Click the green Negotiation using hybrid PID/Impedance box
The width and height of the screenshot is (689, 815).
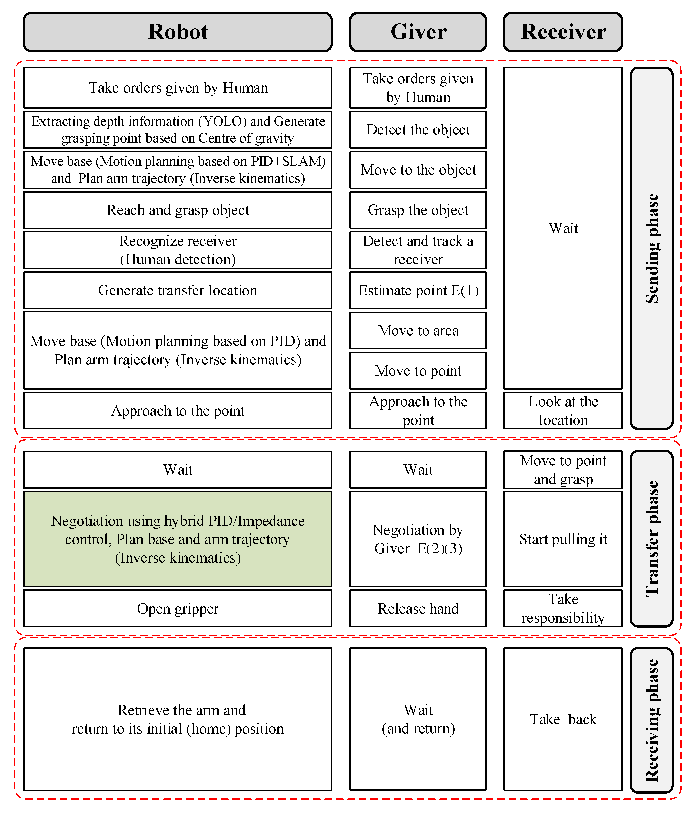[x=178, y=539]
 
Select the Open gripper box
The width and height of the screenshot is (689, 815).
[x=178, y=608]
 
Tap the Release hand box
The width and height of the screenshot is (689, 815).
[x=418, y=608]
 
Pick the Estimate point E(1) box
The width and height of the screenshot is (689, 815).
[x=418, y=290]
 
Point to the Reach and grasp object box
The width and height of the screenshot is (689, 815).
[x=178, y=210]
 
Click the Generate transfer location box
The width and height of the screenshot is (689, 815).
[x=178, y=290]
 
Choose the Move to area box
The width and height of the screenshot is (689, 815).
[x=418, y=330]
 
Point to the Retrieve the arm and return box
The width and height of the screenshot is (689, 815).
[x=178, y=719]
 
